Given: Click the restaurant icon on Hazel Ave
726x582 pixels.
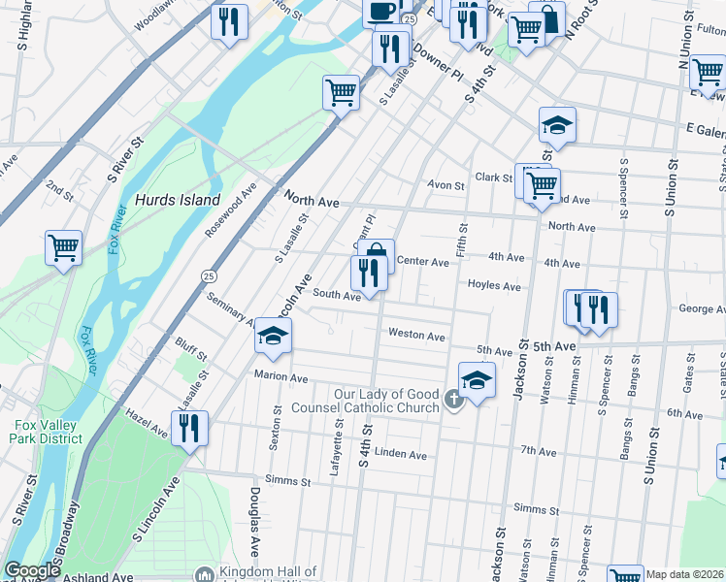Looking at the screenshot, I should pyautogui.click(x=188, y=428).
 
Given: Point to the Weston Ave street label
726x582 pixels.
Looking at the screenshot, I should pyautogui.click(x=416, y=335).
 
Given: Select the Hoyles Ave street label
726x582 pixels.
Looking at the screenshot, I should pyautogui.click(x=494, y=286).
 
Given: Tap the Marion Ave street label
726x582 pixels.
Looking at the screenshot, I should pyautogui.click(x=280, y=375).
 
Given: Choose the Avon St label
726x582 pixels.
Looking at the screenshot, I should pyautogui.click(x=447, y=184).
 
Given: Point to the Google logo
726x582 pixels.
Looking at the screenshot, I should pyautogui.click(x=32, y=570).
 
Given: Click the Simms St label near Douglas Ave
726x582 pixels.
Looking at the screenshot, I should pyautogui.click(x=288, y=481).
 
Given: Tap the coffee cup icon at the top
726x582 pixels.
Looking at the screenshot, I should pyautogui.click(x=380, y=11).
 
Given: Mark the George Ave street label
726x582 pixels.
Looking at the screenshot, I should pyautogui.click(x=702, y=309).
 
